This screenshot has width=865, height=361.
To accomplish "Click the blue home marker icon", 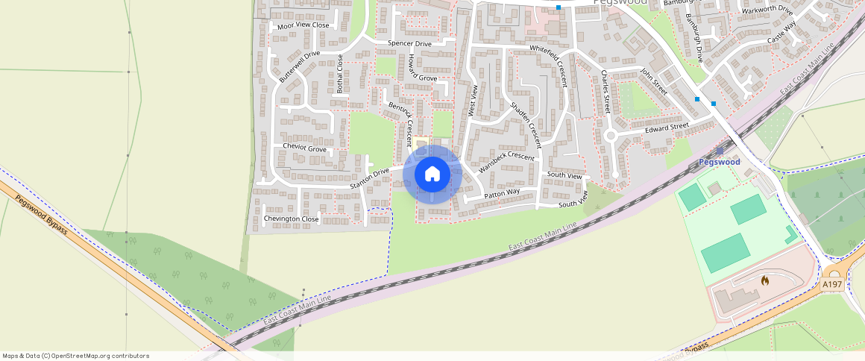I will [x=432, y=175].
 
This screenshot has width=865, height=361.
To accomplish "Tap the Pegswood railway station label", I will [x=719, y=162].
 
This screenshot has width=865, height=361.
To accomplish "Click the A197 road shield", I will [x=831, y=284].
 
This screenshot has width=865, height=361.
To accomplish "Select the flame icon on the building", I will [x=764, y=280].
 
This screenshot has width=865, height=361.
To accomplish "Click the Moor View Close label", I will [x=303, y=25].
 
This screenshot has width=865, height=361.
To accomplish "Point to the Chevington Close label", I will [x=291, y=219].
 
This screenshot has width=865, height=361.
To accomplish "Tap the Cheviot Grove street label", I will [x=304, y=149].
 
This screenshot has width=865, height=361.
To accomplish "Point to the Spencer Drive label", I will [x=409, y=44].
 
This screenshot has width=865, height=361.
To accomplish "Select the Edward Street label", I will [x=667, y=128].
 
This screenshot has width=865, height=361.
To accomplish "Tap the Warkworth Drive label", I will [x=767, y=10].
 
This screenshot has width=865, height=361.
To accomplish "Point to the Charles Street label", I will [x=605, y=91].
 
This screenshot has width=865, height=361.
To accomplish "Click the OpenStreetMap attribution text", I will [x=75, y=356].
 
